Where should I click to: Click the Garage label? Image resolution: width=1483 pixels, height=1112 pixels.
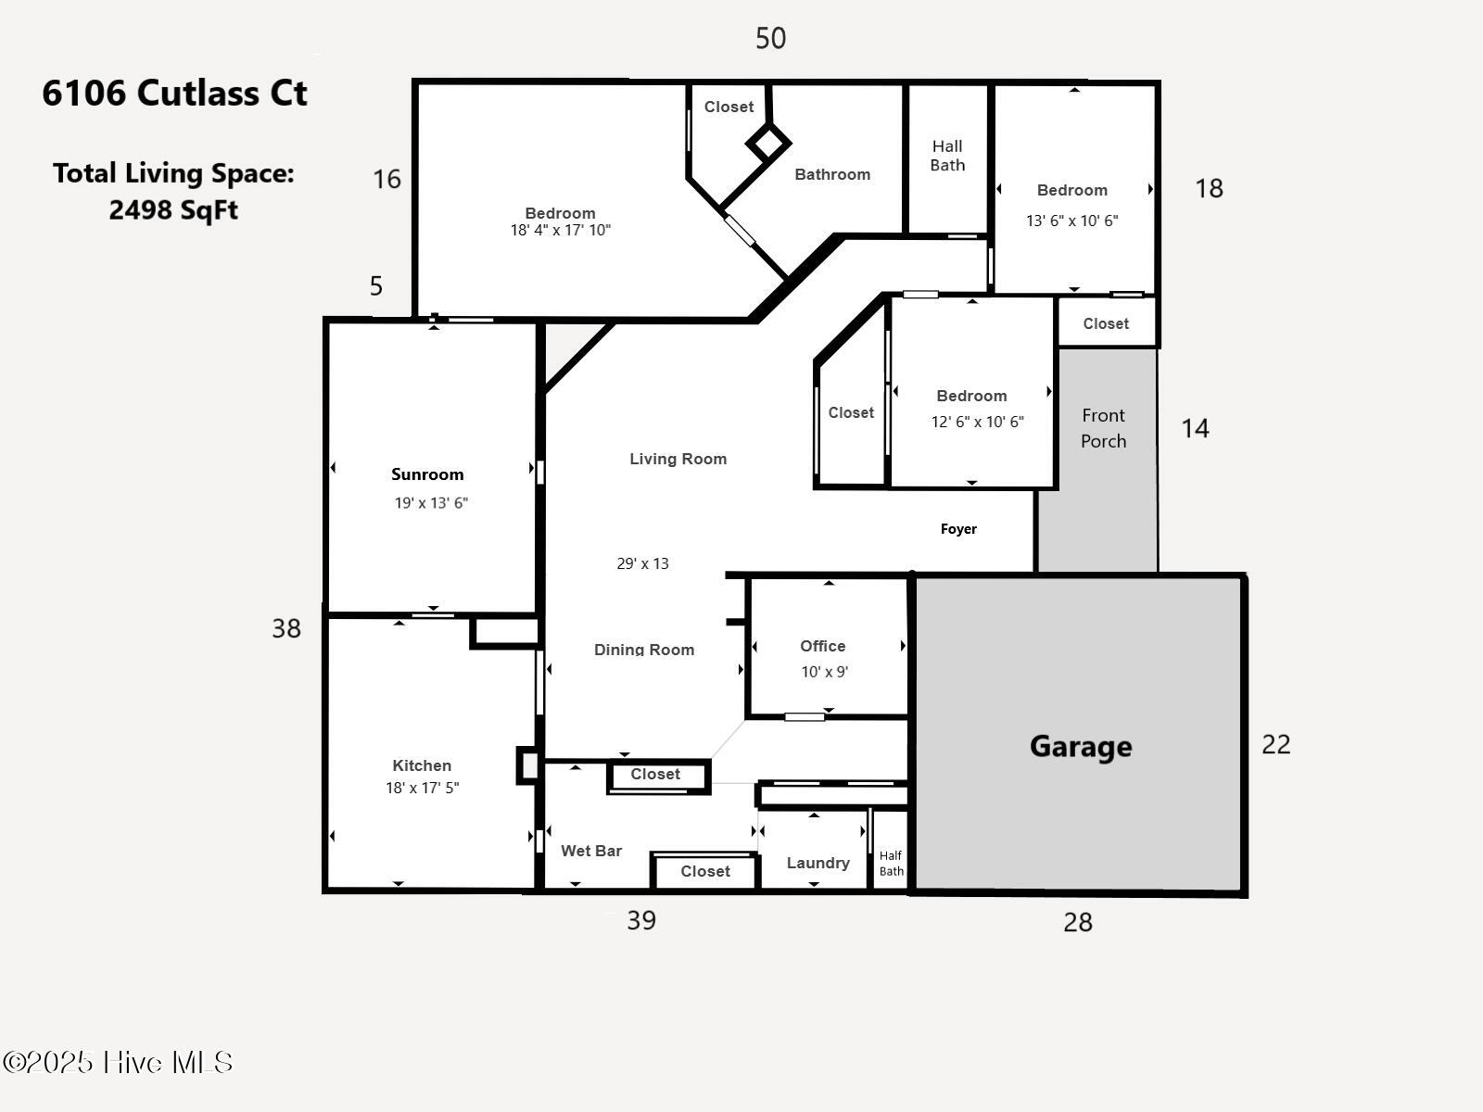pos(1081,747)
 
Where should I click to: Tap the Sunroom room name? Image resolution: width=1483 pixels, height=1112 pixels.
pos(427,474)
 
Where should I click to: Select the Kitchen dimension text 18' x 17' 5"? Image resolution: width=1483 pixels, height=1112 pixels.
pos(423,788)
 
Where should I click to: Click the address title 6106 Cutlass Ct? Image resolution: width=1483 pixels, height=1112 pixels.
pos(174,93)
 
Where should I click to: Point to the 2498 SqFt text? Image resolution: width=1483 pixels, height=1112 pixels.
pos(173,210)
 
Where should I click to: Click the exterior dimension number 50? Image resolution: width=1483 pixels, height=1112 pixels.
pos(770,38)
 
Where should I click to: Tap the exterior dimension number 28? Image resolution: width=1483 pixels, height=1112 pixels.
pos(1077,922)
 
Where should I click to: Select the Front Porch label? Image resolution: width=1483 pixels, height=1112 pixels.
pos(1103,428)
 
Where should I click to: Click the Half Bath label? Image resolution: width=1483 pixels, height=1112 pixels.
pos(891,863)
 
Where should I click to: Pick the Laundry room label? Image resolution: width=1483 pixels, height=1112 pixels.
pos(818,863)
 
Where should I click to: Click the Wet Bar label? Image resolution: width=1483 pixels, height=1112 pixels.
pos(591,851)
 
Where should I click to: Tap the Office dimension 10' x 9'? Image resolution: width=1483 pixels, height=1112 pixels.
pos(824,672)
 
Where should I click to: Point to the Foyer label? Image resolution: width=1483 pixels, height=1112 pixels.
pos(958,529)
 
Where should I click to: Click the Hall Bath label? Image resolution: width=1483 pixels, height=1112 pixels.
pos(947,156)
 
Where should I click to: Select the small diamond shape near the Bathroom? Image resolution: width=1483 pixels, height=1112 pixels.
pos(767,144)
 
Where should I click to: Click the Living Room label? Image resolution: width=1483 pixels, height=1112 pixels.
pos(678,459)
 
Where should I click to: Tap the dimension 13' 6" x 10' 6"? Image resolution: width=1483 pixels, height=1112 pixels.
pos(1071,221)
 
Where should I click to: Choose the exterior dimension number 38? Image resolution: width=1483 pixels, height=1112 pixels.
pos(286,628)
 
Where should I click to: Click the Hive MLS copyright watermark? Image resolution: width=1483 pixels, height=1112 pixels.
pos(118,1062)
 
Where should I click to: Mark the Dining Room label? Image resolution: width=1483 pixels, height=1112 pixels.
pos(644,650)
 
